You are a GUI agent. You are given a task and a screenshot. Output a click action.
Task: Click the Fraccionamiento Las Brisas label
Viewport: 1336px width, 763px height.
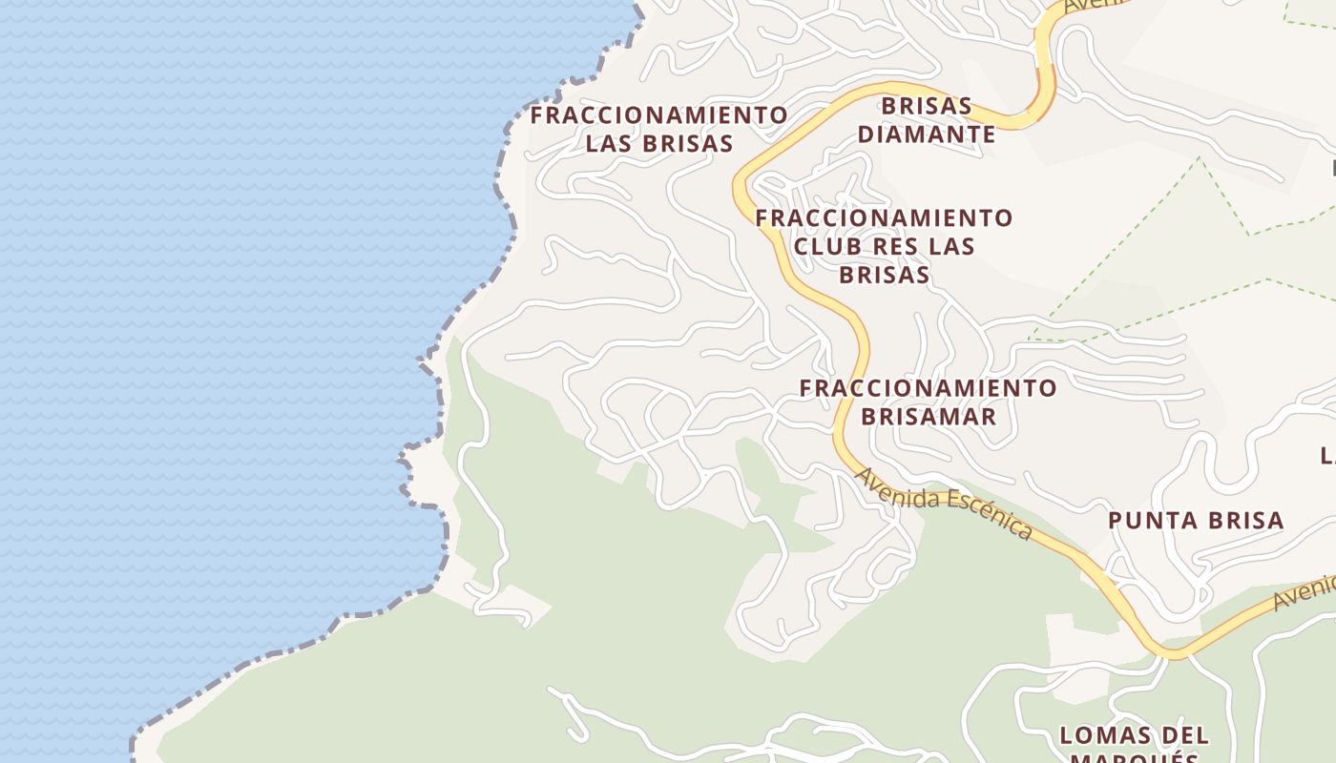658,130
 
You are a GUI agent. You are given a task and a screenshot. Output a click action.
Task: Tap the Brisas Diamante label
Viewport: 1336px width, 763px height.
926,120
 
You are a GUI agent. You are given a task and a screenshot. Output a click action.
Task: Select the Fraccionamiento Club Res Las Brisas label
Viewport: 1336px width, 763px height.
884,246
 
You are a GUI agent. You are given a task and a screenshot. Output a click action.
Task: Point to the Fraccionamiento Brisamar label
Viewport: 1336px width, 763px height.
928,402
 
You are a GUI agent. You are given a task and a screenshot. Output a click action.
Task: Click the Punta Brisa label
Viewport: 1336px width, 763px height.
1195,521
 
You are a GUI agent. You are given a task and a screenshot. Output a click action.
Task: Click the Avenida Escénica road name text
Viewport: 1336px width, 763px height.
943,503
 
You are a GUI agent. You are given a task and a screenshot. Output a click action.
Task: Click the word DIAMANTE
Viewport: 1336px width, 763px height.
926,134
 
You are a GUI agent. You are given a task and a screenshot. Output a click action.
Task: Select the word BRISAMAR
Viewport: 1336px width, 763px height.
928,417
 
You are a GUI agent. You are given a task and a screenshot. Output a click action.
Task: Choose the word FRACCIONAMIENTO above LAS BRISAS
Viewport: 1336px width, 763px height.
658,115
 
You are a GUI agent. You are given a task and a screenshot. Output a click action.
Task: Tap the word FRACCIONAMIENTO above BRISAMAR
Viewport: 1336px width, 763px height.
928,388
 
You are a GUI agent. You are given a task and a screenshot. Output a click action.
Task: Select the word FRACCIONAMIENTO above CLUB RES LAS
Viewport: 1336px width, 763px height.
884,218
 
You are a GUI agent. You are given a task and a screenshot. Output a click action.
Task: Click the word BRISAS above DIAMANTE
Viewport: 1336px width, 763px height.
926,105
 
